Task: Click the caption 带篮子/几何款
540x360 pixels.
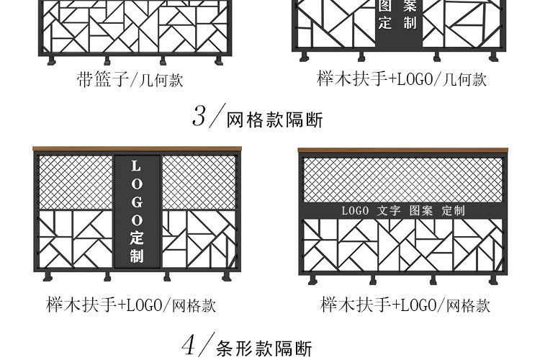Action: (130, 79)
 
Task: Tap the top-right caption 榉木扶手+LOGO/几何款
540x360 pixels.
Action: (402, 78)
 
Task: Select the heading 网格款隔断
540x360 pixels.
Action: (274, 120)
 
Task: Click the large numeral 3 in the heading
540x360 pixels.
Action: (199, 116)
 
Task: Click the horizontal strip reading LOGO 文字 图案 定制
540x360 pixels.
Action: (402, 210)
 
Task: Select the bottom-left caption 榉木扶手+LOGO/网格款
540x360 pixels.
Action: (131, 305)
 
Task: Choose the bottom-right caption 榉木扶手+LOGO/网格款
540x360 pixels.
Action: (405, 305)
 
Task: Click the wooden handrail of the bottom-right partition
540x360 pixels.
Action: (402, 150)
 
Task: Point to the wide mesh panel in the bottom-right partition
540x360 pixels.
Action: (402, 179)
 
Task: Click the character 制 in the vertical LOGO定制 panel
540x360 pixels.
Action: (137, 256)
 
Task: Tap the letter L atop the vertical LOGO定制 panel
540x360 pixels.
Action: (137, 167)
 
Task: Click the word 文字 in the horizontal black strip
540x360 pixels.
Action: (389, 210)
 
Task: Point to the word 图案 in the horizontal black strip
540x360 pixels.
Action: (421, 210)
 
